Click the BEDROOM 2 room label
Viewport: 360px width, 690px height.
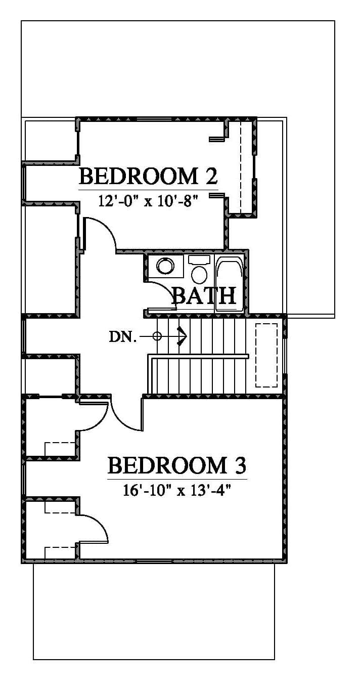pyautogui.click(x=149, y=176)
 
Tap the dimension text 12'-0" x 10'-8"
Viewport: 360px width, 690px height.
pyautogui.click(x=148, y=202)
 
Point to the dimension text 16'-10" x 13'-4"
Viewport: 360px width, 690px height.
pyautogui.click(x=177, y=490)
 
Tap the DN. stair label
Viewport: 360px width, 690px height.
pyautogui.click(x=122, y=337)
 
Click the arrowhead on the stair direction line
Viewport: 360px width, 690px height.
pyautogui.click(x=183, y=336)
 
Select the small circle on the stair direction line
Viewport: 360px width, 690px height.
pyautogui.click(x=157, y=336)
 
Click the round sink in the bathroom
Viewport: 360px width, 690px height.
pyautogui.click(x=165, y=266)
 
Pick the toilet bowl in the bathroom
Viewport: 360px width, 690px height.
pyautogui.click(x=199, y=275)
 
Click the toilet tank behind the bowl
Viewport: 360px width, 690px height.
pyautogui.click(x=199, y=260)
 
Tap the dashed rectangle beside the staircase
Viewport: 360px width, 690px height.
pyautogui.click(x=266, y=355)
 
